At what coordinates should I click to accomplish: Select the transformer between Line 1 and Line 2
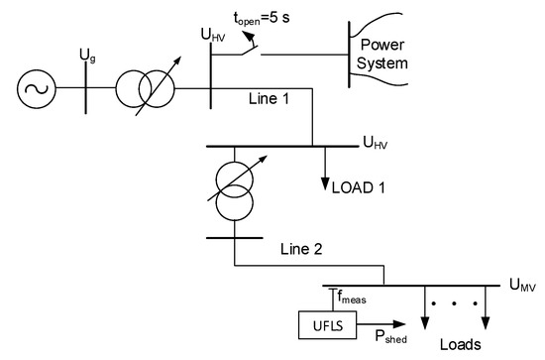click(234, 194)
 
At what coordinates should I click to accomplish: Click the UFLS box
click(321, 324)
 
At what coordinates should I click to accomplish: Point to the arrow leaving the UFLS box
click(372, 324)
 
